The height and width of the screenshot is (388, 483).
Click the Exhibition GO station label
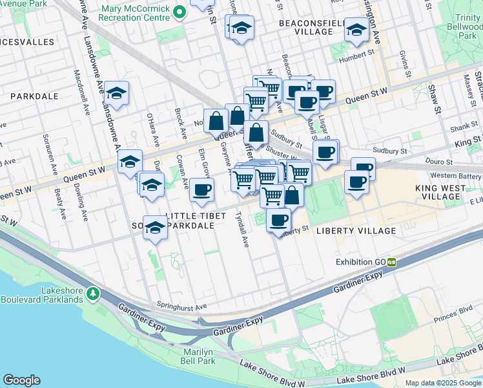coord(360,262)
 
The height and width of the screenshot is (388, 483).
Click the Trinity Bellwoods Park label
coord(466,28)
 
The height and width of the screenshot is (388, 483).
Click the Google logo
coord(21,380)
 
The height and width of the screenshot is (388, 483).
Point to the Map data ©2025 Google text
coord(442,383)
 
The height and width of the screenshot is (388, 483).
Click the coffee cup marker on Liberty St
coord(278,220)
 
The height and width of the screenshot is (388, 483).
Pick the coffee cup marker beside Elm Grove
coord(201,189)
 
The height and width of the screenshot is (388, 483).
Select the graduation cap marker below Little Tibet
coord(155,227)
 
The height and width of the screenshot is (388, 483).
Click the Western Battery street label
coord(456,176)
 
